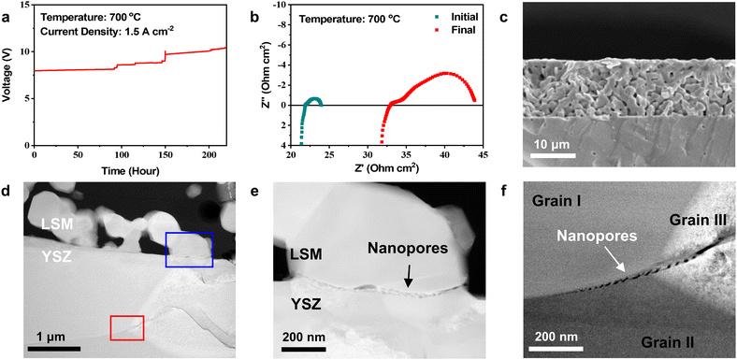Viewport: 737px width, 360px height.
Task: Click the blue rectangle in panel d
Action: point(190,250)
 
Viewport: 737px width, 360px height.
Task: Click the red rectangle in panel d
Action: point(127,327)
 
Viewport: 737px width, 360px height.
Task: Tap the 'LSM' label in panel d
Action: point(55,223)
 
